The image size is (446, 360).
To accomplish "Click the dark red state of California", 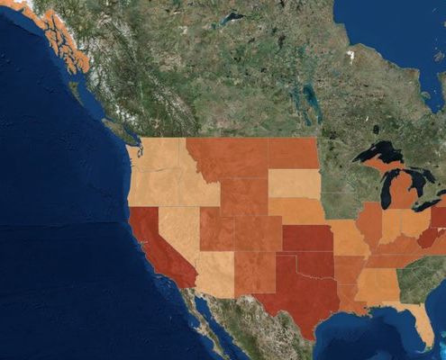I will (155, 243).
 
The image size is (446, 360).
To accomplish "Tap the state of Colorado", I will (258, 233).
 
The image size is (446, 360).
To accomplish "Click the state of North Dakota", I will (293, 153).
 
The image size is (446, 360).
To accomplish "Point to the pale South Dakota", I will (294, 184).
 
